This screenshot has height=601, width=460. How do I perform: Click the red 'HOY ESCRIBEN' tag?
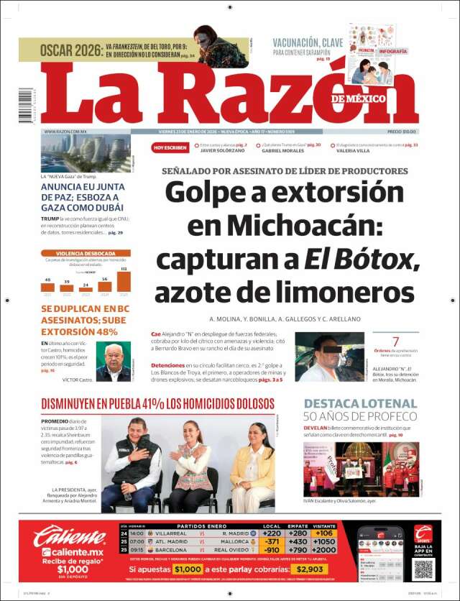click(x=170, y=147)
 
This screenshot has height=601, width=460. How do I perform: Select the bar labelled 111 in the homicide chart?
click(x=124, y=280)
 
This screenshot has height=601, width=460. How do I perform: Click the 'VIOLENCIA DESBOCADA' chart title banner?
click(x=86, y=254)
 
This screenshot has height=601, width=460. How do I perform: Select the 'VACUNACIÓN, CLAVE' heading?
click(x=308, y=42)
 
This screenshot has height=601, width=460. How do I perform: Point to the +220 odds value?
click(x=272, y=533)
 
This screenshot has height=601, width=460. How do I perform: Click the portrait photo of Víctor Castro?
click(x=113, y=362)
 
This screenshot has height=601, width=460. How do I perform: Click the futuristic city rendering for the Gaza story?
click(x=86, y=152)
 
